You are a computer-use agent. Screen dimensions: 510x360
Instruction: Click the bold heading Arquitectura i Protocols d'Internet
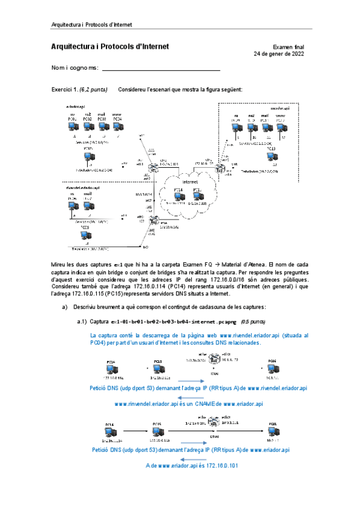coord(110,46)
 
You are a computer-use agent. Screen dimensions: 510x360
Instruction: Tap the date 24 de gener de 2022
coord(279,54)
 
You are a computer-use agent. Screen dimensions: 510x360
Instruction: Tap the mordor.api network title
coord(279,108)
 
